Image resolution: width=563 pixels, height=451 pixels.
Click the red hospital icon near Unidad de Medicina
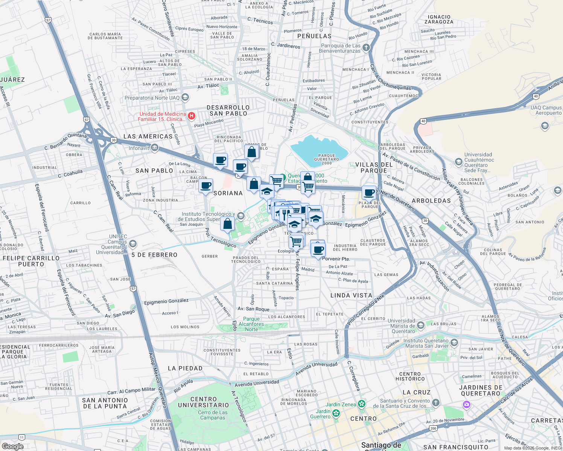point(191,116)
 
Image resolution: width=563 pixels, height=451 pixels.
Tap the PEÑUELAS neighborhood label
point(314,36)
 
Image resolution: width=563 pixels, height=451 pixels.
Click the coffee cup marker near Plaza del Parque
point(369,193)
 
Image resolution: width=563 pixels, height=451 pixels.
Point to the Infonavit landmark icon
point(154,148)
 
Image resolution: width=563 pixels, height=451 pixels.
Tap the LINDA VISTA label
point(351,295)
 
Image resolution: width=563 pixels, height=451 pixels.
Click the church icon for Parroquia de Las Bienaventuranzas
point(366,48)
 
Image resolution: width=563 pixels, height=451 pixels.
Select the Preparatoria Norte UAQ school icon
point(185,98)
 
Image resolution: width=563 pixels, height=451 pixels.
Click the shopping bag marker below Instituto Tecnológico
point(228,224)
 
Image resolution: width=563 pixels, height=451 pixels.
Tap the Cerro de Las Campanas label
point(213,415)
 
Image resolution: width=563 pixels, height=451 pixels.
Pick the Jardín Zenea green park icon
point(362,404)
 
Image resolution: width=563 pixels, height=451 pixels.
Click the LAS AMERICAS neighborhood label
point(148,136)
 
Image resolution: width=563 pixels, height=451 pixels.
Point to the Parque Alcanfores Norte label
point(251,324)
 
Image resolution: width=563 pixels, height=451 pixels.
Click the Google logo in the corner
point(12,446)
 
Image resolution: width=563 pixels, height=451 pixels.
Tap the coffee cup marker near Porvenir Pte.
point(318,250)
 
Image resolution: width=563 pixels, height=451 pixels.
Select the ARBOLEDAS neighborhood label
point(431,201)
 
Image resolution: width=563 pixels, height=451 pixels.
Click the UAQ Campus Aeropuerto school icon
point(545,126)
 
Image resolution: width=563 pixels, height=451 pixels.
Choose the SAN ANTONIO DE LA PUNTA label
point(105,403)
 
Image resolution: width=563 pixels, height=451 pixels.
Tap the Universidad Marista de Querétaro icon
point(421,325)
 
